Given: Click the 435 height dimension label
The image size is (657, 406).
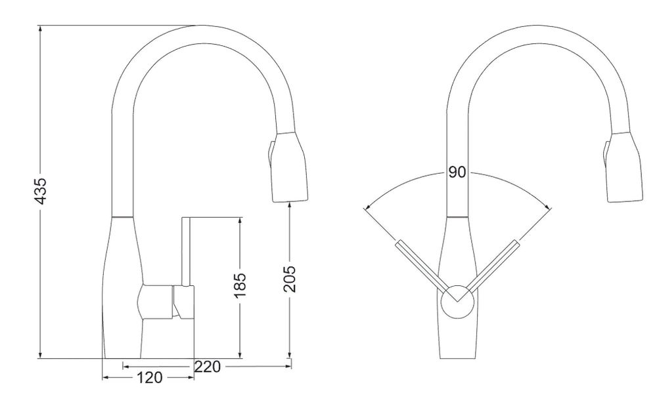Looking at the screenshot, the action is [x=41, y=192].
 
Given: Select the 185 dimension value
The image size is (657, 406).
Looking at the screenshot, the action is [x=240, y=285].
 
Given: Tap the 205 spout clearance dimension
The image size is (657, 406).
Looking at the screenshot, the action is [x=290, y=279].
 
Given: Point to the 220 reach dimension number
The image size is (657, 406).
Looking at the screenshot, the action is [x=207, y=367].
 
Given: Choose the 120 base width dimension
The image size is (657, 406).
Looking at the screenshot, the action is [x=148, y=378].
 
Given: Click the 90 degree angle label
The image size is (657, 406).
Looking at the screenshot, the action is [x=457, y=172].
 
